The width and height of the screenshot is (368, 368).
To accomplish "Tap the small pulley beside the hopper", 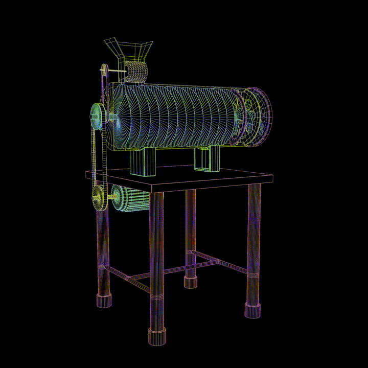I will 104,70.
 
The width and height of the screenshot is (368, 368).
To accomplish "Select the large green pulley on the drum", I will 97,117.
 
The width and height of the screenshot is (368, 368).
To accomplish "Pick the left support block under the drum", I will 143,162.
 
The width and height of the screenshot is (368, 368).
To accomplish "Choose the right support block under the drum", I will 207,159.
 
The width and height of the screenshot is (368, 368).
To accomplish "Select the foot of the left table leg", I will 104,301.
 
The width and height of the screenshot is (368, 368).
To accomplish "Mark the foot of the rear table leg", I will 191,282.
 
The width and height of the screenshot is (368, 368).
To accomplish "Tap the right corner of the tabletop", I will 271,178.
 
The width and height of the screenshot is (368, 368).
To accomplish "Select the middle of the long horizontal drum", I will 174,118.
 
